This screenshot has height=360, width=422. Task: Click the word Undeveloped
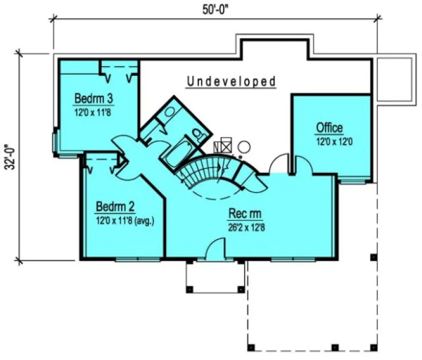[232, 82]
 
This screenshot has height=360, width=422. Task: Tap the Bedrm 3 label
[94, 99]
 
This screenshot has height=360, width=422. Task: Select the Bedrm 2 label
[116, 207]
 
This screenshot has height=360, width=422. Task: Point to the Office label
[329, 128]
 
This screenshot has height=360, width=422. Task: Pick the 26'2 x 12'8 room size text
[246, 227]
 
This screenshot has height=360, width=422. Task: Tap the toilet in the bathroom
[196, 132]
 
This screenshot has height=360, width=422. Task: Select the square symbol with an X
[225, 145]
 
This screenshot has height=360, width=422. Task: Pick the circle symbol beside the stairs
[244, 145]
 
